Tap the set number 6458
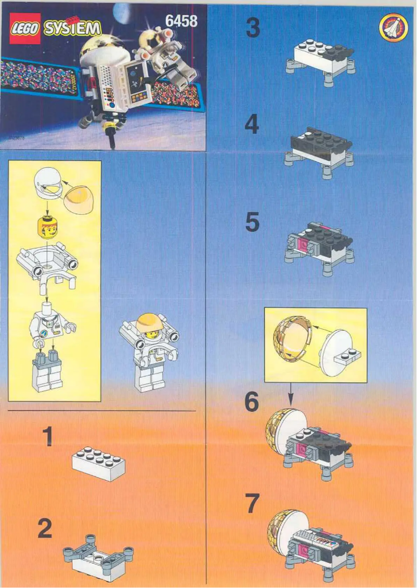point(180,21)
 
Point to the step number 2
point(45,530)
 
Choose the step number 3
point(253,29)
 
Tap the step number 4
point(252,125)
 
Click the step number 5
point(252,223)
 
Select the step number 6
point(251,401)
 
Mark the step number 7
point(251,503)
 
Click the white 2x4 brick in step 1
point(98,463)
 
